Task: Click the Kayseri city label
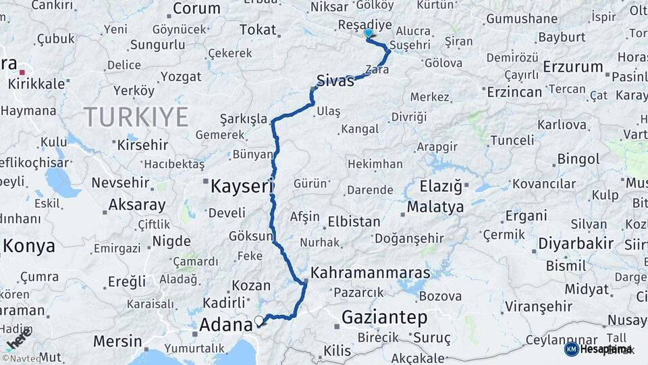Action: (240, 186)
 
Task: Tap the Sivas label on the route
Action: (335, 82)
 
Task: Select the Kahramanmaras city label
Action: (370, 272)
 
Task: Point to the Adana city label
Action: (226, 325)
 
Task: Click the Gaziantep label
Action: (384, 317)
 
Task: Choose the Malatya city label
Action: (435, 207)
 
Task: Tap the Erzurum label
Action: (572, 66)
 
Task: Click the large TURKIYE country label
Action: (136, 117)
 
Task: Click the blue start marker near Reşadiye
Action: (368, 32)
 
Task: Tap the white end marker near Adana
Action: (259, 320)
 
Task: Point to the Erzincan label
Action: (514, 92)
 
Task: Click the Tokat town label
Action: (258, 30)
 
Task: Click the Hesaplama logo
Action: (598, 349)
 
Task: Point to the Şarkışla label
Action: (244, 119)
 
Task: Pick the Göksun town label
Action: (250, 237)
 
